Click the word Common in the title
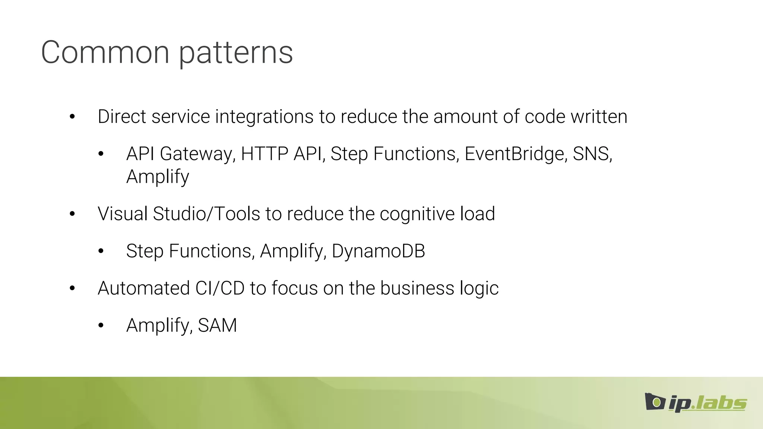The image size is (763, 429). [x=105, y=53]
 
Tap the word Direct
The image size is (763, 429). [x=122, y=117]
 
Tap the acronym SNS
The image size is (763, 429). [x=592, y=154]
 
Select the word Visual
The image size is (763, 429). [x=123, y=214]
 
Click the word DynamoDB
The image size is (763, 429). [x=378, y=251]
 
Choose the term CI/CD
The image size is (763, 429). [x=220, y=288]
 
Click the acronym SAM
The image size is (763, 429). [x=217, y=325]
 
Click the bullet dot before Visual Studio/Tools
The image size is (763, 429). [x=72, y=214]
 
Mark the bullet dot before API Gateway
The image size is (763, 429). [x=101, y=154]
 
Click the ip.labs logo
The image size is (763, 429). [x=696, y=403]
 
